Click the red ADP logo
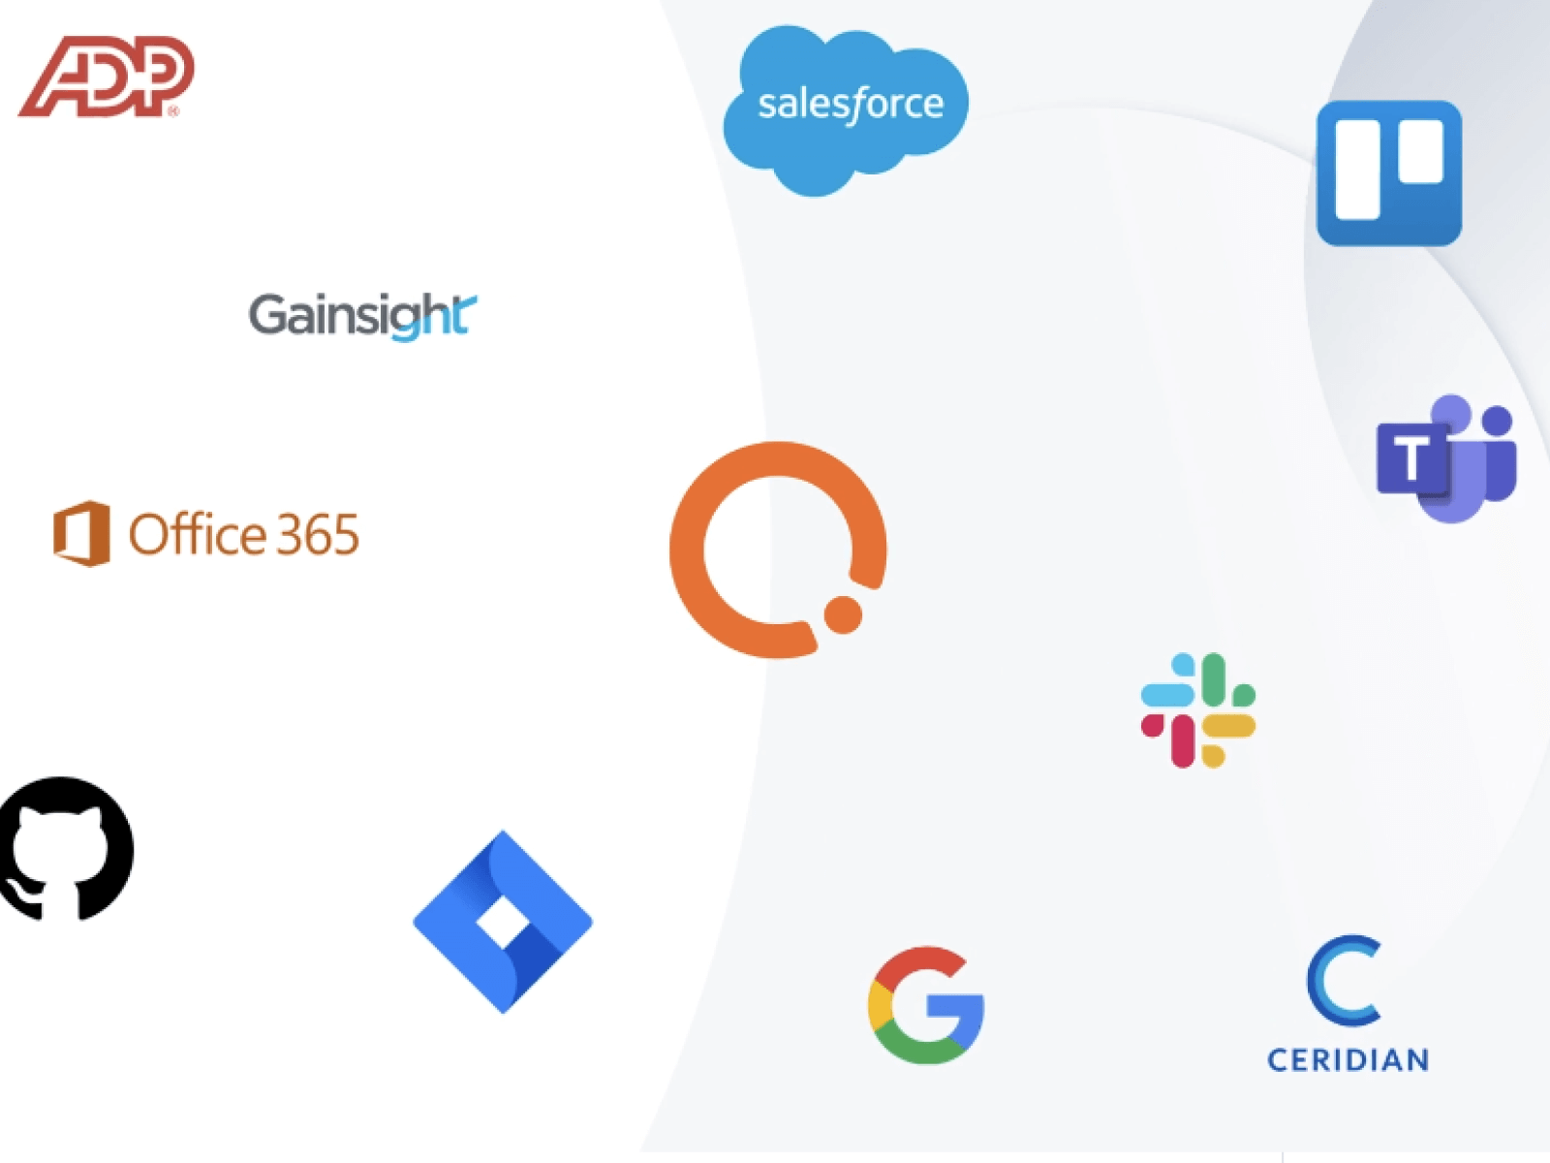coord(107,77)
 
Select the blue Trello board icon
coord(1388,173)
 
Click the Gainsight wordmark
coord(361,315)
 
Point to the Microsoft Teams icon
coord(1447,457)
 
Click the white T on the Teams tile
coord(1410,456)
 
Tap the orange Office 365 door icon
coord(81,533)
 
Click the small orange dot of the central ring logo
coord(843,614)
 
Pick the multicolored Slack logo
coord(1198,710)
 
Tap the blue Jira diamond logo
coord(503,922)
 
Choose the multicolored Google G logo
coord(926,1005)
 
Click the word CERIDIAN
coord(1348,1060)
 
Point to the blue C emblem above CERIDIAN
coord(1345,980)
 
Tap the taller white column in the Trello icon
coord(1357,171)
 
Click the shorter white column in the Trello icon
coord(1420,151)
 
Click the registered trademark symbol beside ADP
coord(173,111)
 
